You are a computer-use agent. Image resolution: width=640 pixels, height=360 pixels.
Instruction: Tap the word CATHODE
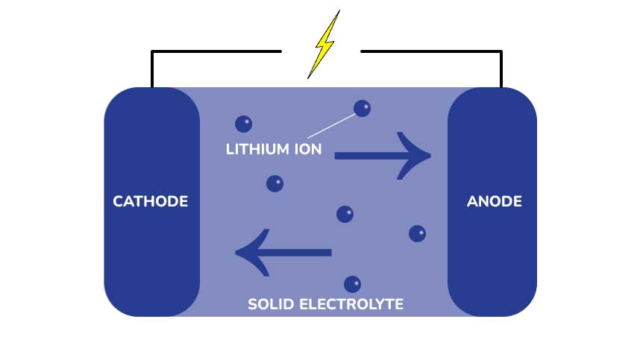point(150,201)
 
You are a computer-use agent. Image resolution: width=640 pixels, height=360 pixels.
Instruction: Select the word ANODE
point(494,201)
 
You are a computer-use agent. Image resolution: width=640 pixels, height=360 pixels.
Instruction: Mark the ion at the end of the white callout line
point(362,109)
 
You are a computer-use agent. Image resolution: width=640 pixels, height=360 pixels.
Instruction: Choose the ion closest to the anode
point(418,234)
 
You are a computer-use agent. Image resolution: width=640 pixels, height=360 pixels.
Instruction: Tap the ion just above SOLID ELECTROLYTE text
point(352,284)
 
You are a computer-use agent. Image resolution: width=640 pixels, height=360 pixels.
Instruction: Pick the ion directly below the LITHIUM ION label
point(274,183)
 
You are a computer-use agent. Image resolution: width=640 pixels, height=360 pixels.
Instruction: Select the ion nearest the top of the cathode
point(243,124)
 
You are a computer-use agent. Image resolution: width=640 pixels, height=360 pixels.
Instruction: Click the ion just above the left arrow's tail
point(345,215)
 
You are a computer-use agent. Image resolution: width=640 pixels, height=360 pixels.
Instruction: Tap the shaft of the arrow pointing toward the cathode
point(298,253)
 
